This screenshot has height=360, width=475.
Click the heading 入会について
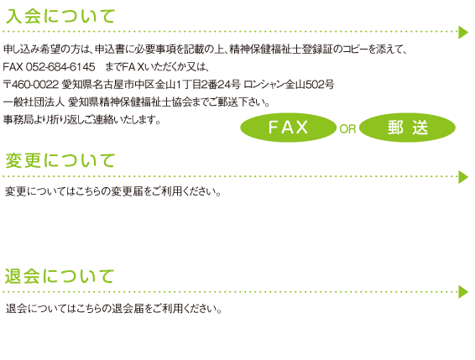pos(60,16)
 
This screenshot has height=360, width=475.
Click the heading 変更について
pos(60,160)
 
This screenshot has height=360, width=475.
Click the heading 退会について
pos(60,276)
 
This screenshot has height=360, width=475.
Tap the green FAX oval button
pos(288,128)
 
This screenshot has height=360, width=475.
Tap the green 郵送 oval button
pos(408,128)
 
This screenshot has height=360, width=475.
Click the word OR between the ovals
pos(347,129)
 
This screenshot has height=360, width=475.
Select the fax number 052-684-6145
pos(60,66)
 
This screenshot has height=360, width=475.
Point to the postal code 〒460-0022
pos(30,85)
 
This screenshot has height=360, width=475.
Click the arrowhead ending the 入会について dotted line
pos(464,32)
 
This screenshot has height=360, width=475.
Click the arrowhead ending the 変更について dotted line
pos(464,177)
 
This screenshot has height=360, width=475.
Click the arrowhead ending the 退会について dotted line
pos(464,292)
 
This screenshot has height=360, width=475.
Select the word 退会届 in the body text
pos(128,309)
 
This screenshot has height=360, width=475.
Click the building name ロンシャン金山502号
pos(289,85)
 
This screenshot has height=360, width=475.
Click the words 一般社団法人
pos(34,102)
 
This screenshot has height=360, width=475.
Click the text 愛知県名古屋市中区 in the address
pos(108,85)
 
